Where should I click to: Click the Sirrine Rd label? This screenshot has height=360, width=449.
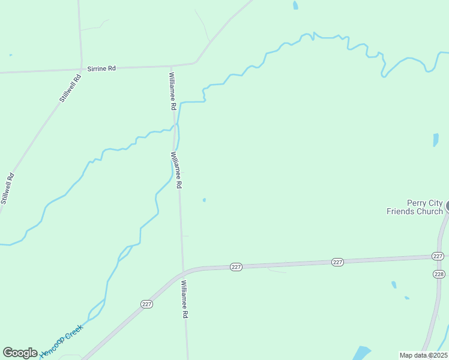coord(101,68)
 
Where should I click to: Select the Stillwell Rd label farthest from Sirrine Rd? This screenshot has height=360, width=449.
coord(7,188)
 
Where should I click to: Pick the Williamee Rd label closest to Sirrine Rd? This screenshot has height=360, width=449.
coord(172,91)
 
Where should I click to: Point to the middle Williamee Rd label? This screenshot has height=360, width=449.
coord(176,170)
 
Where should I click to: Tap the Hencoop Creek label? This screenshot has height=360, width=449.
coord(60,341)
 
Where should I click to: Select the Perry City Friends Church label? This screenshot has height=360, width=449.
coord(415,207)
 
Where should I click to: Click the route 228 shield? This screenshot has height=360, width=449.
coord(438,274)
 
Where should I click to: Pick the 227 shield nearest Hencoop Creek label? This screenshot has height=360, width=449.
coord(147,304)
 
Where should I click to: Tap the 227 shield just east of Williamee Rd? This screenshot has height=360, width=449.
coord(236,266)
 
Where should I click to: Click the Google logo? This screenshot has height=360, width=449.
coord(20,353)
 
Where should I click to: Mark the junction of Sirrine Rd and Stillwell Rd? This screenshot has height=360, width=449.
coord(82,70)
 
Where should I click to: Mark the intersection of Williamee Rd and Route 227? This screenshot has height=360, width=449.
coord(183,273)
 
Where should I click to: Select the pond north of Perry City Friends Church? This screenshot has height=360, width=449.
coord(436,140)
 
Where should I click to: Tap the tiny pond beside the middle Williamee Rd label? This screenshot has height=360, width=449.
coord(204,200)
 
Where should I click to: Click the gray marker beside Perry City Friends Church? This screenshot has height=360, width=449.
coord(447,206)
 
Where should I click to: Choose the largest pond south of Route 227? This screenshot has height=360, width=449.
coord(361,353)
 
